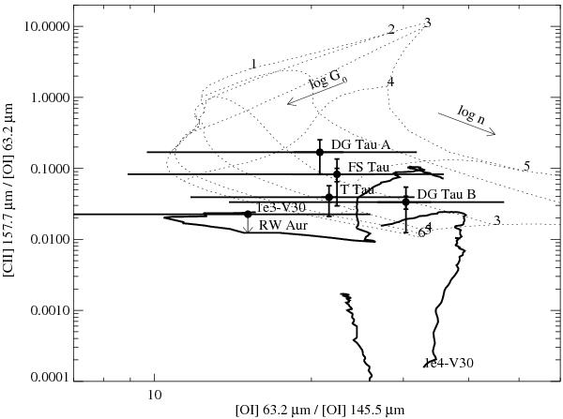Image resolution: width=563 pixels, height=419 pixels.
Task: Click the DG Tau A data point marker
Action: pos(320,152)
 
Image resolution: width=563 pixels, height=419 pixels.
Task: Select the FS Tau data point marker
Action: pos(337,174)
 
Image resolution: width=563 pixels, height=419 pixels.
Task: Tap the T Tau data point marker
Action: pos(329,197)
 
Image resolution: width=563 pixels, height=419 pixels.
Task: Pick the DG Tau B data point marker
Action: pos(405,202)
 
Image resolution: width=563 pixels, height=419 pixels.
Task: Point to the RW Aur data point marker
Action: pos(248,214)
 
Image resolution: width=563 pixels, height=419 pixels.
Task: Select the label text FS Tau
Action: pos(369,167)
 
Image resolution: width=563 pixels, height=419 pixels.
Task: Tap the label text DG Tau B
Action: pos(447,194)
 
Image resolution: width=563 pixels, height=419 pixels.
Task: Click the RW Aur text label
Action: pos(283,226)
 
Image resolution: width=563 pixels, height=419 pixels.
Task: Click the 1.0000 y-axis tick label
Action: pos(52,97)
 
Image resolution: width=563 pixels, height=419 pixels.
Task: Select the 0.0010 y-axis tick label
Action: pos(52,310)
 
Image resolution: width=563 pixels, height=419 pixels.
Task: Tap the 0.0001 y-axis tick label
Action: pos(52,378)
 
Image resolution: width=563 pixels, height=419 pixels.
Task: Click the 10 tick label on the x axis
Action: pos(155,395)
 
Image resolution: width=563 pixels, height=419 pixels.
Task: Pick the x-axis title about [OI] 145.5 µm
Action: pos(320,410)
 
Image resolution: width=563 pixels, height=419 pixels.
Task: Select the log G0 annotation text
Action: pos(328,82)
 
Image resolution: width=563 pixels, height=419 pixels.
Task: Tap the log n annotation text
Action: pos(471,114)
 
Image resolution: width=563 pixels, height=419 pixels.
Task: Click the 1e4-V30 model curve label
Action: pos(449,363)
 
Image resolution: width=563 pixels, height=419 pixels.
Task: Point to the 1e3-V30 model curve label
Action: pos(281,207)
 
